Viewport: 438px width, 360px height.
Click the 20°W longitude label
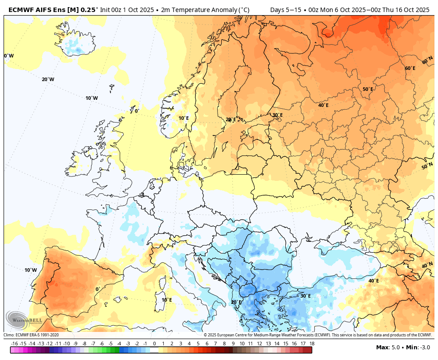coord(48,79)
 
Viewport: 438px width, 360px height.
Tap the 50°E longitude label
coord(368,89)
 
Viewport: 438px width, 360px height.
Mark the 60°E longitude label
coord(410,68)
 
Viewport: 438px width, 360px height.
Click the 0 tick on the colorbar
coord(154,344)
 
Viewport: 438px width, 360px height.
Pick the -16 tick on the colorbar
coord(14,344)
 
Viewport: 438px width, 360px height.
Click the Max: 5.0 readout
coord(387,348)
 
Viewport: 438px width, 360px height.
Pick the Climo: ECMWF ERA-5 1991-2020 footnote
coord(31,335)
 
